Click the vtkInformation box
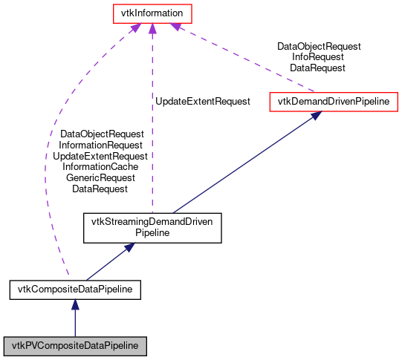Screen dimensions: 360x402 pos(152,13)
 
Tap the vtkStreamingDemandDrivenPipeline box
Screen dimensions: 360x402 pos(152,226)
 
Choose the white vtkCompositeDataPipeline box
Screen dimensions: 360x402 pos(74,288)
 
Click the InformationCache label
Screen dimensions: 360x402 pos(100,167)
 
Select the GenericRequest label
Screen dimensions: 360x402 pos(100,178)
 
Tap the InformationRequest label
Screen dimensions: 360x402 pos(100,145)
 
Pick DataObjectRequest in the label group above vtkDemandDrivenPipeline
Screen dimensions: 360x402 pos(319,46)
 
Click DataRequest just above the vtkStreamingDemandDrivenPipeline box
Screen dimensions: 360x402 pos(100,189)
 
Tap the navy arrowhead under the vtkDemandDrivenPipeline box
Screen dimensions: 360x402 pos(316,115)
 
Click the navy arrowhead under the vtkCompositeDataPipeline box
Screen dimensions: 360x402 pos(74,304)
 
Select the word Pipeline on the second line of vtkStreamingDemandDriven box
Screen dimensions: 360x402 pos(152,232)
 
